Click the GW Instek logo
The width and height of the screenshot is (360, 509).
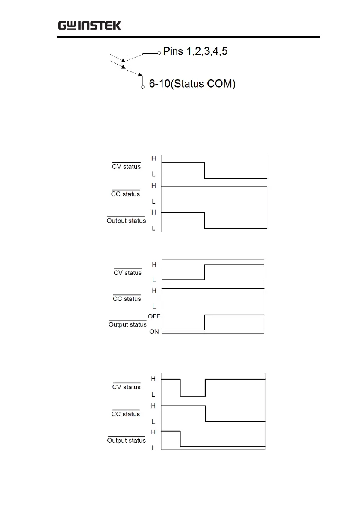coord(89,25)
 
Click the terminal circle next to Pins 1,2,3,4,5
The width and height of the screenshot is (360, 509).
coord(159,53)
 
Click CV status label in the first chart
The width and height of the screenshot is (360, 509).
coord(126,167)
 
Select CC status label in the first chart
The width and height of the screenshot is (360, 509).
coord(126,194)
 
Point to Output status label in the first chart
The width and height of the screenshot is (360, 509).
coord(126,221)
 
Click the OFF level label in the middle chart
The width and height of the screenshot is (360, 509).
coord(154,316)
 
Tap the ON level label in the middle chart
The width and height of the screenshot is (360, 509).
coord(154,332)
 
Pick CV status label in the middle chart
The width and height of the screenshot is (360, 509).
coord(127,273)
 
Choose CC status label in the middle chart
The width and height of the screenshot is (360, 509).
coord(127,299)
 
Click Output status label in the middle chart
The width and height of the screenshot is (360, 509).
coord(127,324)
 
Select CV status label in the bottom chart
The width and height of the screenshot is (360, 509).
coord(126,387)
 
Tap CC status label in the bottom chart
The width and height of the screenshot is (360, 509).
coord(126,414)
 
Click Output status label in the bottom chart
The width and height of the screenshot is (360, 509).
coord(126,441)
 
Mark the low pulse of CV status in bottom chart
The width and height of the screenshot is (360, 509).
coord(193,396)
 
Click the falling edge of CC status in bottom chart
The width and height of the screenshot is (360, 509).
coord(205,413)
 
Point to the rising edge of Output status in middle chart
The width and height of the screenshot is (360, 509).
coord(205,323)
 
